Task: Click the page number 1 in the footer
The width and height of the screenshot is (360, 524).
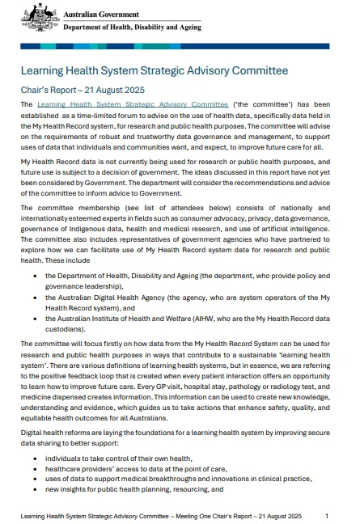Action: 326,515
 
